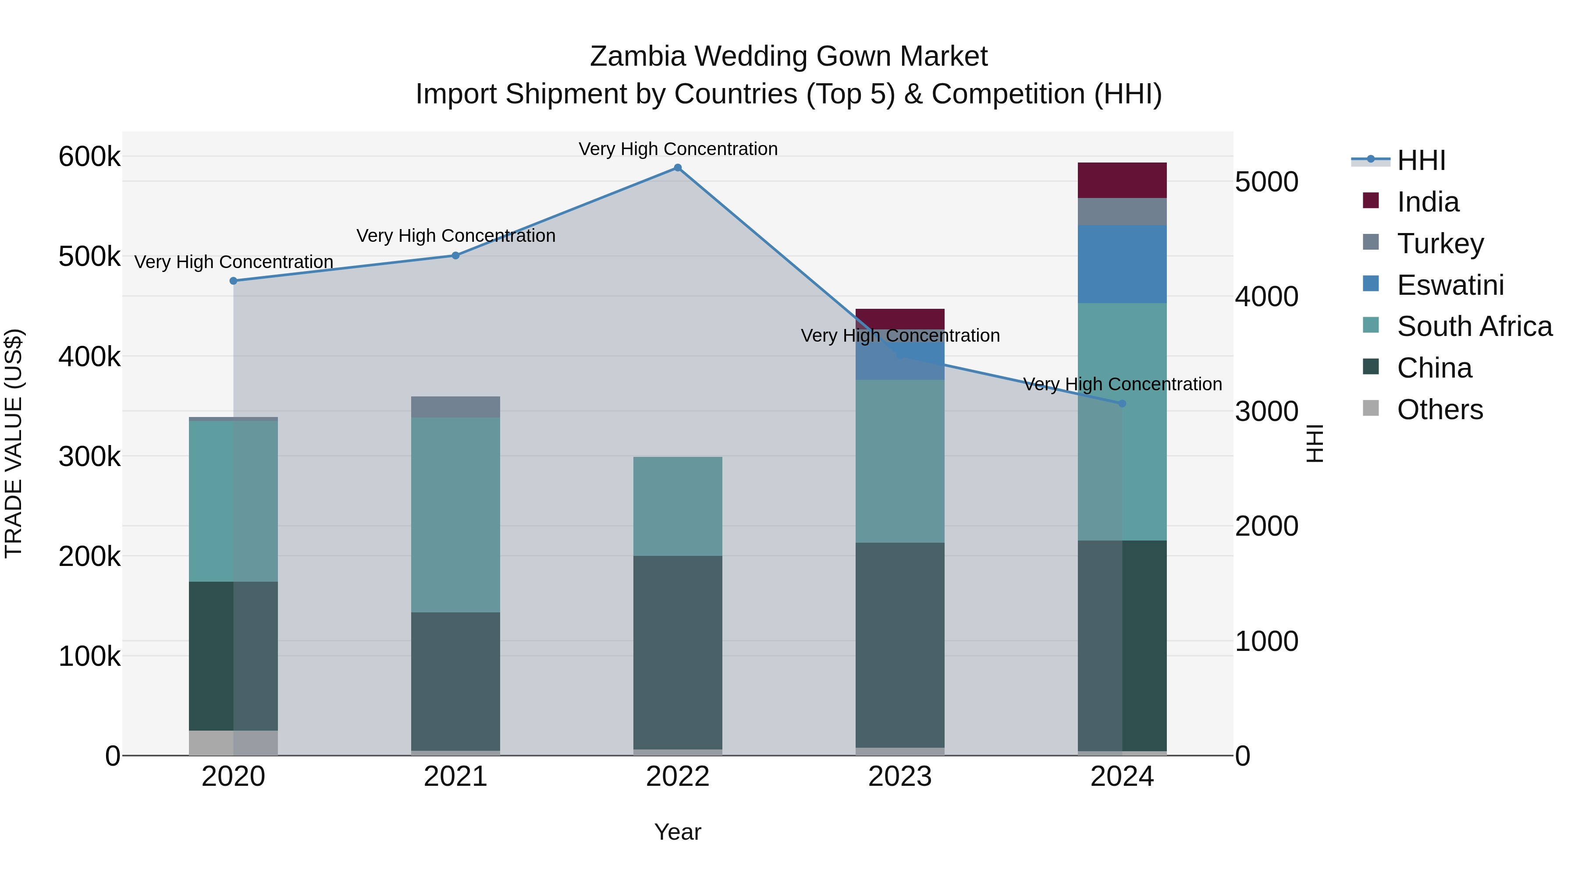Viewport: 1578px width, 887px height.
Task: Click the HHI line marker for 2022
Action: (678, 168)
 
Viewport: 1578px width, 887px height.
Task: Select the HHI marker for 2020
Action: (233, 281)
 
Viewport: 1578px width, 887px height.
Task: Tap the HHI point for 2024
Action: (1122, 403)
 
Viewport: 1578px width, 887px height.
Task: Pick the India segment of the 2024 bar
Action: (1122, 180)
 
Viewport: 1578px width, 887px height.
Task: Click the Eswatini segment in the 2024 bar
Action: (1122, 265)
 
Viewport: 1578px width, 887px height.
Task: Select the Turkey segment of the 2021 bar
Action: (455, 407)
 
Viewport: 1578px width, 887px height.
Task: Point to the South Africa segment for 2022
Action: (678, 506)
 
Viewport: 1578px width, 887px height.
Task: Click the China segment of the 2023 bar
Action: (900, 645)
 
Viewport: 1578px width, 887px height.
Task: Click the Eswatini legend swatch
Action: (1371, 284)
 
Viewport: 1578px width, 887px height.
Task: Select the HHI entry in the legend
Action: (1421, 160)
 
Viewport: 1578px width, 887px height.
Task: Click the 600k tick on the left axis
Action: (89, 157)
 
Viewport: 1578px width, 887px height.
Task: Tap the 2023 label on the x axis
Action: (900, 777)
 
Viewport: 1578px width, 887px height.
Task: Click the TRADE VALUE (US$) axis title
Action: (14, 443)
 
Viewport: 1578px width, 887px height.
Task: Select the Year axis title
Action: (678, 832)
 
